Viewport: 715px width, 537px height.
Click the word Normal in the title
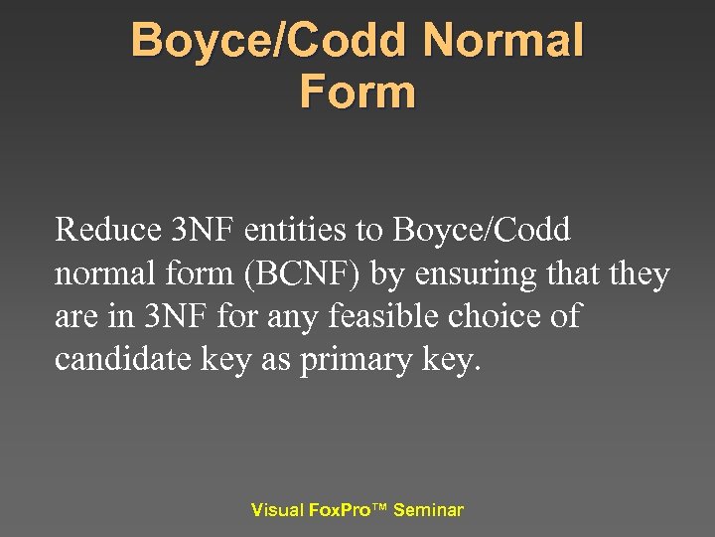[x=502, y=42]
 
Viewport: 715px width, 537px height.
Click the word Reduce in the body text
[x=108, y=230]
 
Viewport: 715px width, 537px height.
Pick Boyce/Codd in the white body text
[x=483, y=230]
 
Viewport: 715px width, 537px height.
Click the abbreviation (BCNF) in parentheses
[x=304, y=273]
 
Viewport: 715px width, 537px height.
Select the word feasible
[x=396, y=317]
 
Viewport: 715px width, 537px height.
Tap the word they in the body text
[x=640, y=273]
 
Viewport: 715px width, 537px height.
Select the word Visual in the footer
[x=277, y=510]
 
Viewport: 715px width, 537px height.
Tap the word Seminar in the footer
[x=428, y=510]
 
